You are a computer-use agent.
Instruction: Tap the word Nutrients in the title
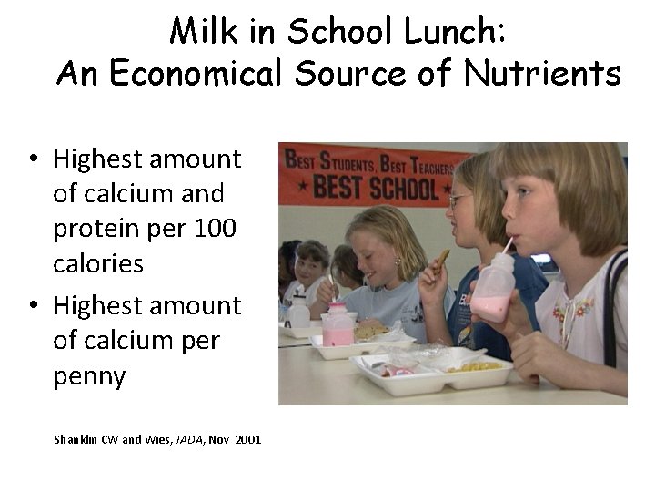click(554, 74)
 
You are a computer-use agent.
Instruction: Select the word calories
click(98, 263)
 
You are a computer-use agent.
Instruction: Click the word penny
click(89, 375)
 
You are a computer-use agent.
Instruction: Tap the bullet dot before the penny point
click(32, 307)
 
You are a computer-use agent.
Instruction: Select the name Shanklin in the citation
click(74, 439)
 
